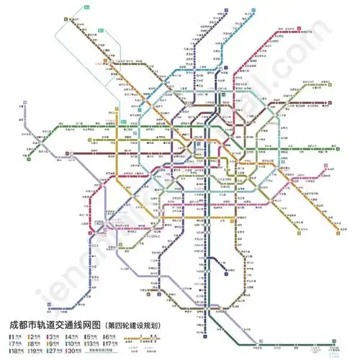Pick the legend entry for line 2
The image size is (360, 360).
tap(32, 336)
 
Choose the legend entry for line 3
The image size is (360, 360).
tap(52, 336)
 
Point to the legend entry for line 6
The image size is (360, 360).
tap(110, 336)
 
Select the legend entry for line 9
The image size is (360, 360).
tap(52, 344)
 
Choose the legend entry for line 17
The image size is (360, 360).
tap(110, 344)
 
